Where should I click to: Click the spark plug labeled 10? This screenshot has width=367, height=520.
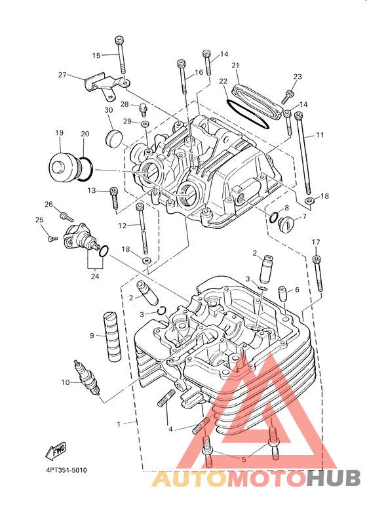pos(87,378)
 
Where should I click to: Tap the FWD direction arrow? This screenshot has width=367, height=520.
pos(56,450)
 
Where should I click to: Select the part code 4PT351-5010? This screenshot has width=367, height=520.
pos(67,470)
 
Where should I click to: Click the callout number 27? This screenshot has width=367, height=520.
pos(62,75)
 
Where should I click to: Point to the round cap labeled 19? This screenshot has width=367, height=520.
pos(62,167)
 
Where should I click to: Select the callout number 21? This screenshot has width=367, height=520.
pos(235,66)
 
